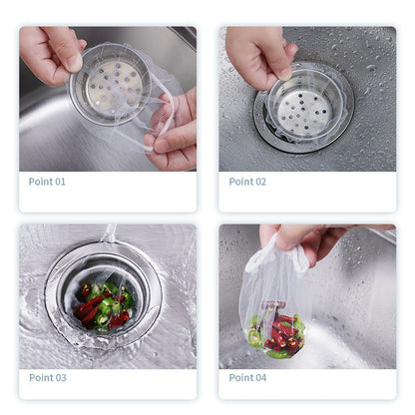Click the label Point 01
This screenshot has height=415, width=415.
coord(47,182)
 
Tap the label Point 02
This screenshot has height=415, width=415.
coord(247,182)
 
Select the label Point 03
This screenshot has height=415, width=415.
coord(48,377)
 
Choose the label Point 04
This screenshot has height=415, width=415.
coord(247,377)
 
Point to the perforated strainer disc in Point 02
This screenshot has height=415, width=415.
coord(304,113)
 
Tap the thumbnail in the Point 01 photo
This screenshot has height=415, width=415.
coord(74,62)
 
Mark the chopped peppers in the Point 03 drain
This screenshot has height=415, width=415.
coord(104,305)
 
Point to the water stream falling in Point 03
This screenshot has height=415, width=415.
coord(110,233)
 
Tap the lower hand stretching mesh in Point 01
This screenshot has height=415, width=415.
coord(173,133)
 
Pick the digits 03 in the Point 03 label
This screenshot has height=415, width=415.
coord(61,377)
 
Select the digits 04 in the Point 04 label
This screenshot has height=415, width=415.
coord(260,377)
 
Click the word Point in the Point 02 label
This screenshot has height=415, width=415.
coord(241,182)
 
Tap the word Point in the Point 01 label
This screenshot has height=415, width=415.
coord(41,182)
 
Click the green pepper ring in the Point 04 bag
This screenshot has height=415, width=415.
coord(254,336)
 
